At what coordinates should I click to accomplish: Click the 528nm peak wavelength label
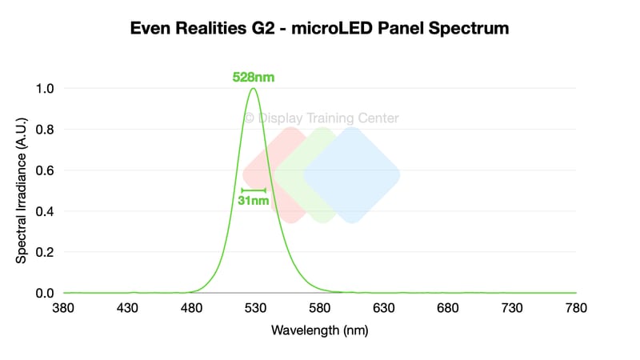pyautogui.click(x=254, y=77)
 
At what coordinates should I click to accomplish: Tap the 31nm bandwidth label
pyautogui.click(x=254, y=201)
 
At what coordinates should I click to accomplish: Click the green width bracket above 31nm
pyautogui.click(x=254, y=190)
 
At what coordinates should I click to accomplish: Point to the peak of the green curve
pyautogui.click(x=254, y=88)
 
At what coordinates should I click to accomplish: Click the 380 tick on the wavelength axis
pyautogui.click(x=63, y=308)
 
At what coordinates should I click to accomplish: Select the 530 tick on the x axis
pyautogui.click(x=255, y=308)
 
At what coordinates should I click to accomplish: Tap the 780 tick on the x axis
pyautogui.click(x=576, y=308)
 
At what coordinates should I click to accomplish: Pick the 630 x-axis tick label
pyautogui.click(x=384, y=308)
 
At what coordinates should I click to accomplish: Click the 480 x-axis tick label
pyautogui.click(x=191, y=308)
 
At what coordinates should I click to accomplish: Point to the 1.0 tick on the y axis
pyautogui.click(x=45, y=89)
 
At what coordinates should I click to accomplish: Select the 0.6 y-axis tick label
pyautogui.click(x=45, y=170)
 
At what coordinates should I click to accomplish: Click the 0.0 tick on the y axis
pyautogui.click(x=45, y=293)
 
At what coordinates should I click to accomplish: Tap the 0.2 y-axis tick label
pyautogui.click(x=45, y=252)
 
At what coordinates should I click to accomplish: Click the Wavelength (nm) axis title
pyautogui.click(x=319, y=330)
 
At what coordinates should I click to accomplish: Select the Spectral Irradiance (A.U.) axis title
pyautogui.click(x=22, y=190)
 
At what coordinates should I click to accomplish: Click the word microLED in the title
pyautogui.click(x=332, y=28)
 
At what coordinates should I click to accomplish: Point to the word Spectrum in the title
pyautogui.click(x=469, y=28)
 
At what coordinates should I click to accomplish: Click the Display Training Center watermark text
pyautogui.click(x=322, y=118)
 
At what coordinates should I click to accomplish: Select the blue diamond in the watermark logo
pyautogui.click(x=352, y=175)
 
